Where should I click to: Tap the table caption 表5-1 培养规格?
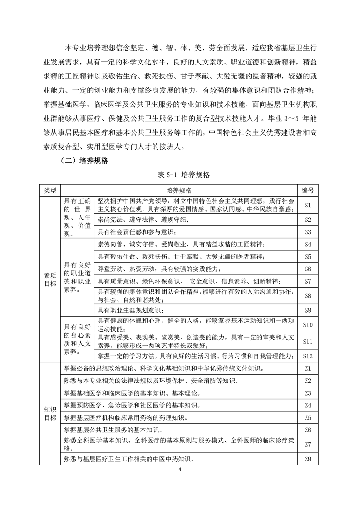180,175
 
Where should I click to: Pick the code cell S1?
307,205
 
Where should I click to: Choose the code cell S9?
307,310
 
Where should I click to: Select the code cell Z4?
307,405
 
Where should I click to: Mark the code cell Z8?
307,460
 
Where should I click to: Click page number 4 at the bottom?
180,470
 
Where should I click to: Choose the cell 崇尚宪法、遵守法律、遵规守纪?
142,220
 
